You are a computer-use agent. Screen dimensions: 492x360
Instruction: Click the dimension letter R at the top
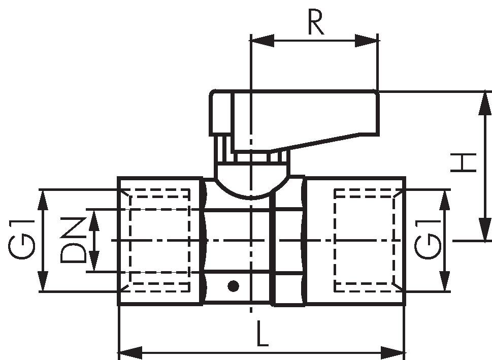pos(316,22)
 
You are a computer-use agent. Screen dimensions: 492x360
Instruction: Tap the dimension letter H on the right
pos(464,162)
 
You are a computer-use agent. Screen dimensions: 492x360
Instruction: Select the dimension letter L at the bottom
pos(263,333)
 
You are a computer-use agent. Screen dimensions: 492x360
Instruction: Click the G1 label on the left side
pos(21,240)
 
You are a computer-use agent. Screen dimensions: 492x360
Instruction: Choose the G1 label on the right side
pos(428,240)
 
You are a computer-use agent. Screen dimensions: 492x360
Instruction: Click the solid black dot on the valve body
pos(233,286)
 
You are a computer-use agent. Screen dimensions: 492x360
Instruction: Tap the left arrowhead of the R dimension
pos(263,41)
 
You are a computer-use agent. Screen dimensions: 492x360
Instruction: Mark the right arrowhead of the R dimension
pos(366,41)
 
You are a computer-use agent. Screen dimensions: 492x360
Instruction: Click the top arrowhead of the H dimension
pos(485,104)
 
